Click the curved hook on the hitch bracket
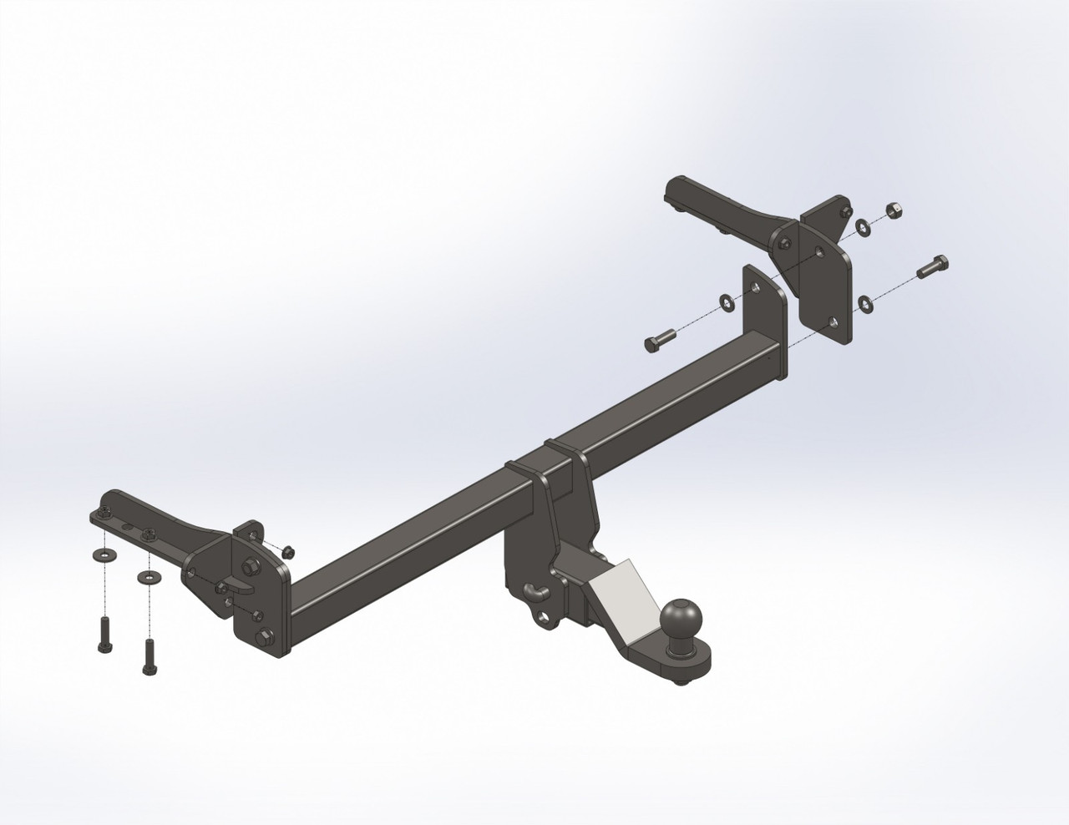point(534,591)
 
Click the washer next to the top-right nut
point(861,225)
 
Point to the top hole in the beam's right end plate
point(756,287)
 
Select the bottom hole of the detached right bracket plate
point(832,321)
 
